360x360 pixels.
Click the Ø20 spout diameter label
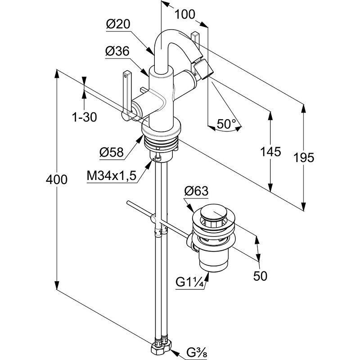tap(118, 25)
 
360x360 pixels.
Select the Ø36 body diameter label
tap(117, 52)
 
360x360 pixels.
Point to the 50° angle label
tap(226, 124)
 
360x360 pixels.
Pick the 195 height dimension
tap(304, 157)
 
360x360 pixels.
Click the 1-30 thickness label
tap(84, 117)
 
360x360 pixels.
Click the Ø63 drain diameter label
tap(196, 191)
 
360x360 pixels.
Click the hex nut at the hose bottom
tap(162, 347)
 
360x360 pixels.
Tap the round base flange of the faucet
tap(161, 130)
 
